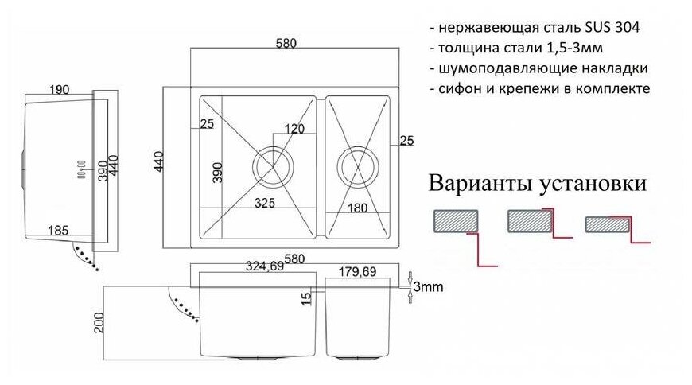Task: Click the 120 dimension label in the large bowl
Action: pos(295,129)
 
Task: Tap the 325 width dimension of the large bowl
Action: pos(265,204)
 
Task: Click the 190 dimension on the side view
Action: pos(58,90)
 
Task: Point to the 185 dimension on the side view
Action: pos(58,230)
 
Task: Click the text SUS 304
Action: pos(613,27)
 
